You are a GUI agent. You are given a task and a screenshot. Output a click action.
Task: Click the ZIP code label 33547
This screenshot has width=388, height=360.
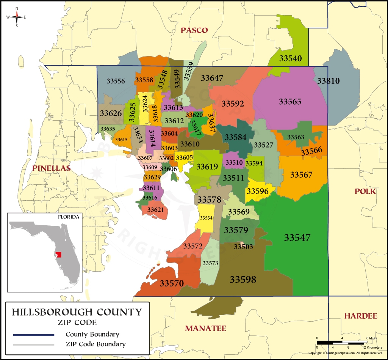tap(297, 238)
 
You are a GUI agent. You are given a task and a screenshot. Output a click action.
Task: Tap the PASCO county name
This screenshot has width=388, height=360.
tap(194, 30)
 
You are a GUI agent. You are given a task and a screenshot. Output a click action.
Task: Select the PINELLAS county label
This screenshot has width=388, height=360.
tap(51, 168)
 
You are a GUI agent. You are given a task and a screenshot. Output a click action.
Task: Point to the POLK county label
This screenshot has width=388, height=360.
tap(365, 191)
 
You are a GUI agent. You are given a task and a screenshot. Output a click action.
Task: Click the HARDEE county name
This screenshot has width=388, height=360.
tap(360, 316)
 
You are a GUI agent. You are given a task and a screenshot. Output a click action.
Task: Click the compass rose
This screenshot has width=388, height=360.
tap(17, 17)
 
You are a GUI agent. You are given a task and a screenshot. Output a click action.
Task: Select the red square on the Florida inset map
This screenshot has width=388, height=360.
tap(58, 254)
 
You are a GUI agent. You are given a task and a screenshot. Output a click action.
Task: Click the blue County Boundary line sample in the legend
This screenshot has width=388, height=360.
tap(33, 335)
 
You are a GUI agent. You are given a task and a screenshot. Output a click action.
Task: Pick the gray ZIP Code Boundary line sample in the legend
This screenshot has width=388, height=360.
tap(33, 345)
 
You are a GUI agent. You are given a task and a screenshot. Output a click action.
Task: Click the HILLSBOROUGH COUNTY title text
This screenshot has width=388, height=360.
tap(77, 312)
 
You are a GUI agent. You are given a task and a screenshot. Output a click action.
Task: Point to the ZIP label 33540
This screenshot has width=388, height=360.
tap(291, 58)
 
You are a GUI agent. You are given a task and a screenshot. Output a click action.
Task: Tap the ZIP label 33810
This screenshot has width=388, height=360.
tap(328, 81)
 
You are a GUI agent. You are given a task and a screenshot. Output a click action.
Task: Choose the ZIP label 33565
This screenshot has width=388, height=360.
tap(290, 102)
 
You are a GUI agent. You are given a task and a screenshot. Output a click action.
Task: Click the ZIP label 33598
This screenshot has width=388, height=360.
tap(243, 280)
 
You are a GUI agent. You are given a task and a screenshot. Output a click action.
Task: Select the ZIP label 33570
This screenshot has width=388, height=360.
tap(172, 283)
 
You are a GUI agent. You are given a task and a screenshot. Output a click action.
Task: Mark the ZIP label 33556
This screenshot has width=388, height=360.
tap(116, 81)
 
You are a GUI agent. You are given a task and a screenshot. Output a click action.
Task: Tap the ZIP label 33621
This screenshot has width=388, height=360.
tap(155, 210)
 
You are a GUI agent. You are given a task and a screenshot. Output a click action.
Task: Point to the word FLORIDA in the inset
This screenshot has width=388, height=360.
tap(69, 217)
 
